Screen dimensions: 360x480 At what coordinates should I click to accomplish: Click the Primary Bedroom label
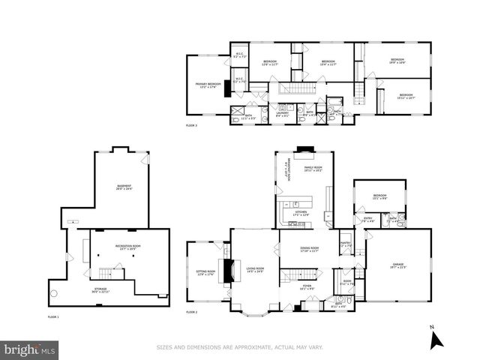(208, 85)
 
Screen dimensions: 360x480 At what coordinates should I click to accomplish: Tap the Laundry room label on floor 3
(283, 113)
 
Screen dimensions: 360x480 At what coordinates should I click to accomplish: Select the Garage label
(397, 264)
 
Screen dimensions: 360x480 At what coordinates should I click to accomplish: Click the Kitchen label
(301, 213)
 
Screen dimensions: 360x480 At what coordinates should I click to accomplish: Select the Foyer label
(307, 286)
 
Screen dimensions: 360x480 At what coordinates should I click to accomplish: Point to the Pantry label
(346, 244)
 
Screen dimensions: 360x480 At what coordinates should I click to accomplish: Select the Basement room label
(124, 187)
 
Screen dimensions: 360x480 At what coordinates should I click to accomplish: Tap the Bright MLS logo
(30, 349)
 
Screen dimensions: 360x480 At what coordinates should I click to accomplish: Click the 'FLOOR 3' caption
(192, 125)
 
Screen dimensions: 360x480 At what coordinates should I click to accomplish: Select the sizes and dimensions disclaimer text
(239, 347)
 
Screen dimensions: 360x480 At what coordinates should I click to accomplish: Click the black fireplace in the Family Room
(302, 149)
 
